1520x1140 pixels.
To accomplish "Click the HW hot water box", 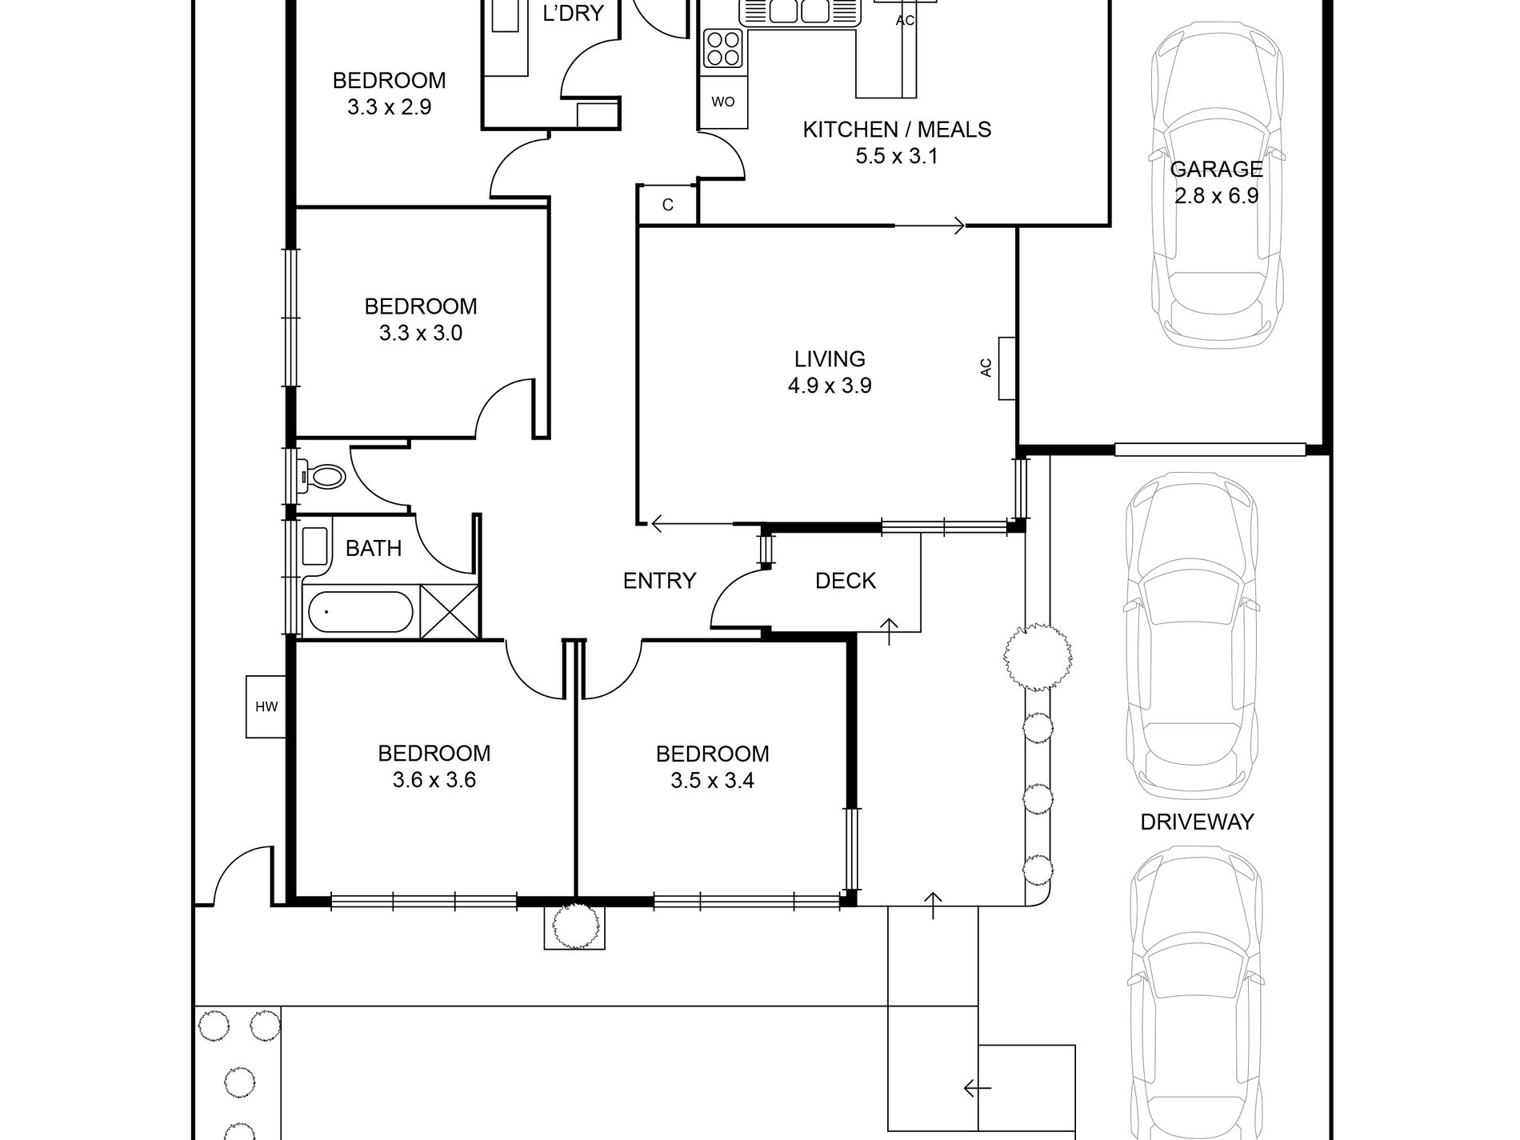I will [x=266, y=706].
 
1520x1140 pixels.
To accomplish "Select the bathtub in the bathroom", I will [x=360, y=612].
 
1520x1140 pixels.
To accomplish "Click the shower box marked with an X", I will [x=449, y=611].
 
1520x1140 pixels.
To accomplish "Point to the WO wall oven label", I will [x=722, y=102].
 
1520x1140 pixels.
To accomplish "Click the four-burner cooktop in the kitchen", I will [x=722, y=47].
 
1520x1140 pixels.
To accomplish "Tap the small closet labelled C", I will [x=667, y=205].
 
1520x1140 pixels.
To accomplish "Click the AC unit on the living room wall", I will [x=1006, y=367].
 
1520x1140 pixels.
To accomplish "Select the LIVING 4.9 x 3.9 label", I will [x=829, y=372].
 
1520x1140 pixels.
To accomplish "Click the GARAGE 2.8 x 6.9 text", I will [x=1216, y=182].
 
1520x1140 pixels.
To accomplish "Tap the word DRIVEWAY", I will [x=1196, y=822].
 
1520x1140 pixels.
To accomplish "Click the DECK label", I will [x=845, y=581].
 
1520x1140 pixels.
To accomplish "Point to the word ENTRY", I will [x=659, y=581].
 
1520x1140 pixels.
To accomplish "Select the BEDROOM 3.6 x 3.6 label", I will [x=434, y=766].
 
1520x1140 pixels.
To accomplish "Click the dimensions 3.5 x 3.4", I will [x=712, y=780].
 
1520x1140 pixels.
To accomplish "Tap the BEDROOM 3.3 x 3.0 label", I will [x=420, y=319].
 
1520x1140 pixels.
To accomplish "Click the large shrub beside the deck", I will [x=1037, y=656].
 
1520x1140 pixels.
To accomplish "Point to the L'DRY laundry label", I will [x=572, y=14].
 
